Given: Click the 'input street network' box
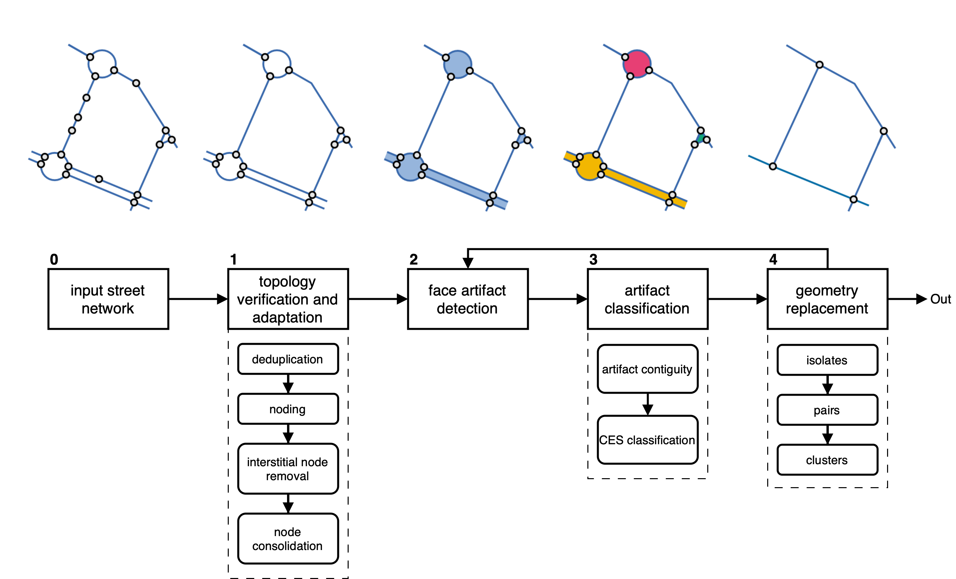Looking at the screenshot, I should pos(108,299).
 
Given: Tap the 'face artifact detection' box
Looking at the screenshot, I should pos(468,299).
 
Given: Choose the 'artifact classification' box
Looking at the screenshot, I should pos(647,299).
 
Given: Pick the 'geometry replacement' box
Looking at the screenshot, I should pos(827,299).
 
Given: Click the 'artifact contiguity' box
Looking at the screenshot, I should pos(647,369).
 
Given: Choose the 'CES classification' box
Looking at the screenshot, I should pos(647,440).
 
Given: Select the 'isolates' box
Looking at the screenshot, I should pos(827,360).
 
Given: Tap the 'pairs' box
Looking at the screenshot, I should pos(827,410).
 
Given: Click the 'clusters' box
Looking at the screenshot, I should pos(827,460).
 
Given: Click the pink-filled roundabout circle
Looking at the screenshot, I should pos(637,63).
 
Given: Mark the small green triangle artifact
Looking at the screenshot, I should pos(701,138).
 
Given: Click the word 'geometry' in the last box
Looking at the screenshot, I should pos(827,290).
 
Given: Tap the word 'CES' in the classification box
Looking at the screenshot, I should pos(611,440).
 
